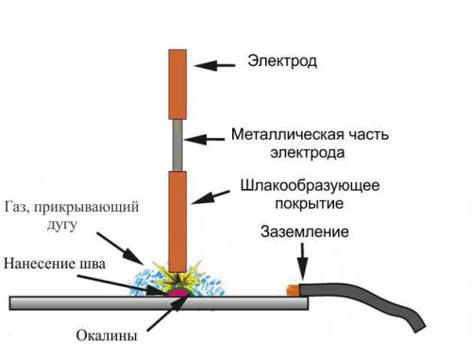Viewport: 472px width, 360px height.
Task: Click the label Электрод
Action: [282, 62]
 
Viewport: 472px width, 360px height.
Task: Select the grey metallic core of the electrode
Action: [177, 145]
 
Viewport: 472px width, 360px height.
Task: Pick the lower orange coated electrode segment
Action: [177, 218]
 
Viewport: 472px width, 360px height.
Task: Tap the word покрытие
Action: [301, 202]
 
